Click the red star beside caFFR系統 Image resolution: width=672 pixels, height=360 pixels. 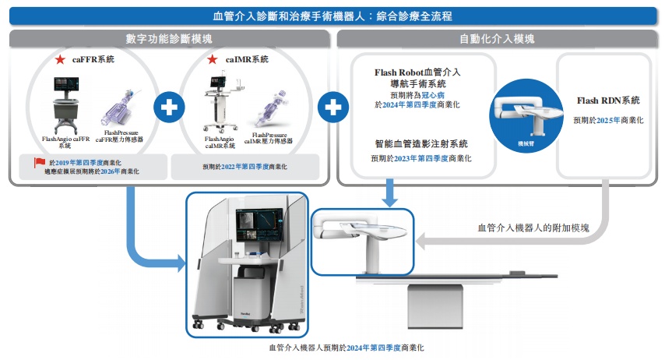[x=59, y=60]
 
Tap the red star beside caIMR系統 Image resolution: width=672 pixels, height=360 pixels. [x=212, y=60]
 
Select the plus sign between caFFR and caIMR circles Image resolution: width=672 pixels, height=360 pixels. [x=167, y=107]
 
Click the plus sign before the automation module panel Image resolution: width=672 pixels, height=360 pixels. [x=332, y=107]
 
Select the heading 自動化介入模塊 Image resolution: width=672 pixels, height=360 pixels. [x=497, y=38]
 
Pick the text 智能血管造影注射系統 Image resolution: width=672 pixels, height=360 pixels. [x=421, y=144]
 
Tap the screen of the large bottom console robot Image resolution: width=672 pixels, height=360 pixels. [x=254, y=224]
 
